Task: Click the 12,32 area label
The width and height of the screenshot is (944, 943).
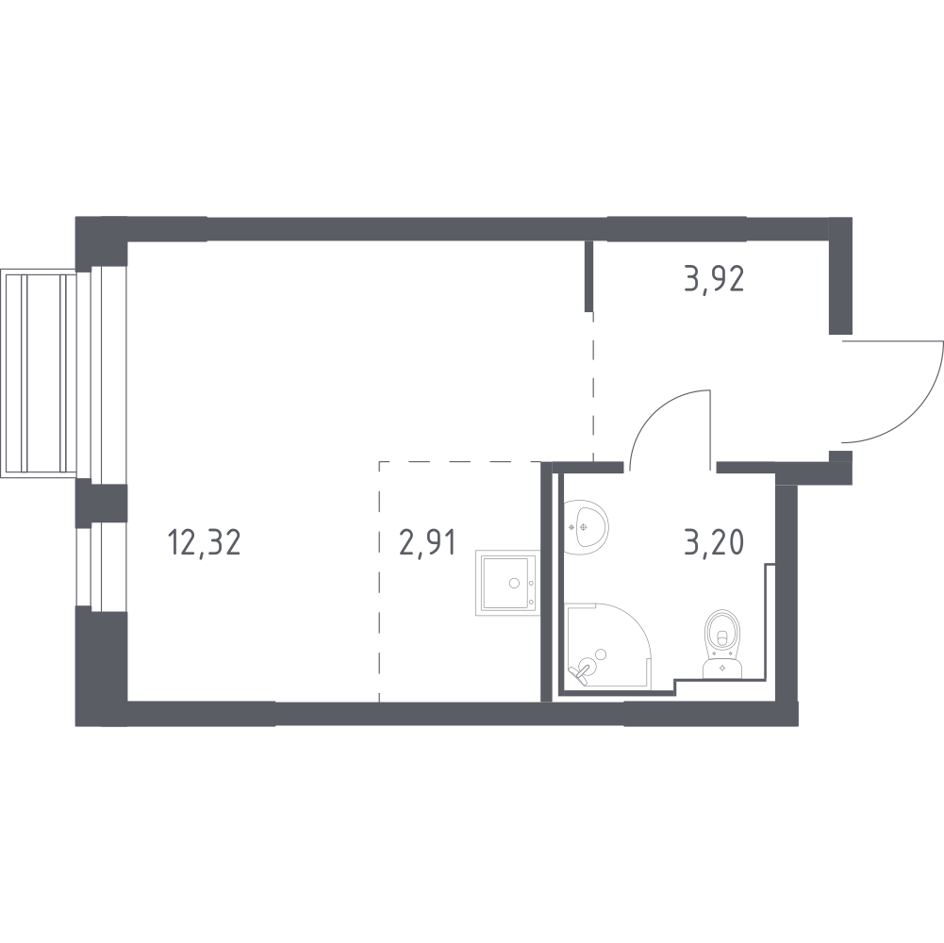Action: pos(204,544)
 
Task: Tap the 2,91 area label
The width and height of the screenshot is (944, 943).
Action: pos(422,544)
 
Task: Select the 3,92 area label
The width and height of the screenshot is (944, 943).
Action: pos(714,280)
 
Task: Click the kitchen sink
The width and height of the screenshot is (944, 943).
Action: pos(507,583)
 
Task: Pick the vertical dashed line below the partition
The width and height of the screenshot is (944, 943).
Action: pos(592,387)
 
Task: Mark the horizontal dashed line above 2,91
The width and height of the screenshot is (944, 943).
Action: pos(462,462)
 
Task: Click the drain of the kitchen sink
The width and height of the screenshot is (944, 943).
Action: pos(515,583)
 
